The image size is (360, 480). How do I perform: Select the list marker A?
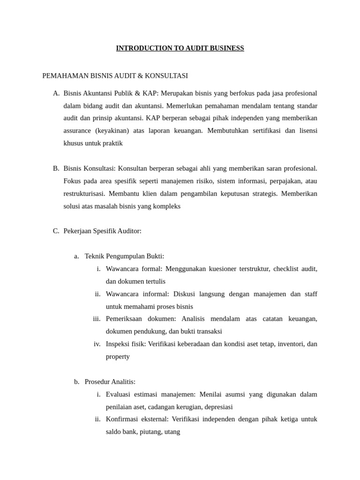pos(56,93)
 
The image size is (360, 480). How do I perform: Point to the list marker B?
pos(56,168)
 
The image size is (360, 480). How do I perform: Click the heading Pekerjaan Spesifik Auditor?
pos(102,231)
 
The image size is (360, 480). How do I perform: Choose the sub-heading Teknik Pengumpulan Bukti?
pos(124,256)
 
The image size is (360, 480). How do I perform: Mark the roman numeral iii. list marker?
pos(97,319)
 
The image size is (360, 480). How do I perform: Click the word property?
pos(118,356)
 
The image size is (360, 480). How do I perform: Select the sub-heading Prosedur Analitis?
pos(110,382)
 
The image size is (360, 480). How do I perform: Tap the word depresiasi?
pos(217,407)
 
